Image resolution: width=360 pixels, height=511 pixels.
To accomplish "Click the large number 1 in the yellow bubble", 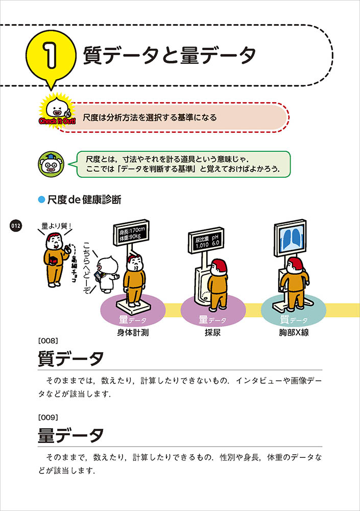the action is click(51, 56).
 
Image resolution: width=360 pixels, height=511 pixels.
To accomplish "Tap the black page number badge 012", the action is click(16, 225).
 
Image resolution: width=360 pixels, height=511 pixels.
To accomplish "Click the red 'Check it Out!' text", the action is click(57, 121).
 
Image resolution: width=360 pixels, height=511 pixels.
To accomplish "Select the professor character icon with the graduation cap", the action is click(51, 164).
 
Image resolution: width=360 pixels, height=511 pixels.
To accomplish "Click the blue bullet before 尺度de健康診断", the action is click(41, 199).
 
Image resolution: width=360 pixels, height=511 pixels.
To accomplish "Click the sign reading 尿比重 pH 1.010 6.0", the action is click(206, 241).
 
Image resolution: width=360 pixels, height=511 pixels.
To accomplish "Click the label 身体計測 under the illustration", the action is click(133, 333).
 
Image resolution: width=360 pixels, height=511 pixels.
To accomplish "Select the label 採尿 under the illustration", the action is click(213, 333).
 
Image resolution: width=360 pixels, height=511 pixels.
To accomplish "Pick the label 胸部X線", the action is click(294, 333).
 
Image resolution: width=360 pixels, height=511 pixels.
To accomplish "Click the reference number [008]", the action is click(48, 341).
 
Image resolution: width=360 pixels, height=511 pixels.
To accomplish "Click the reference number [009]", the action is click(48, 417).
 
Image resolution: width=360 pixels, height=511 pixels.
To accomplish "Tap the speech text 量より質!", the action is click(56, 226).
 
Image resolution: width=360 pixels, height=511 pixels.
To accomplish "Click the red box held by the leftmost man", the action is click(54, 262).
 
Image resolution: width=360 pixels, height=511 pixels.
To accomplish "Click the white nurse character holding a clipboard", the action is click(106, 274).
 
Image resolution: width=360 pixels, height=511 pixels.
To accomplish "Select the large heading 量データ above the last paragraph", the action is click(70, 435).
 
